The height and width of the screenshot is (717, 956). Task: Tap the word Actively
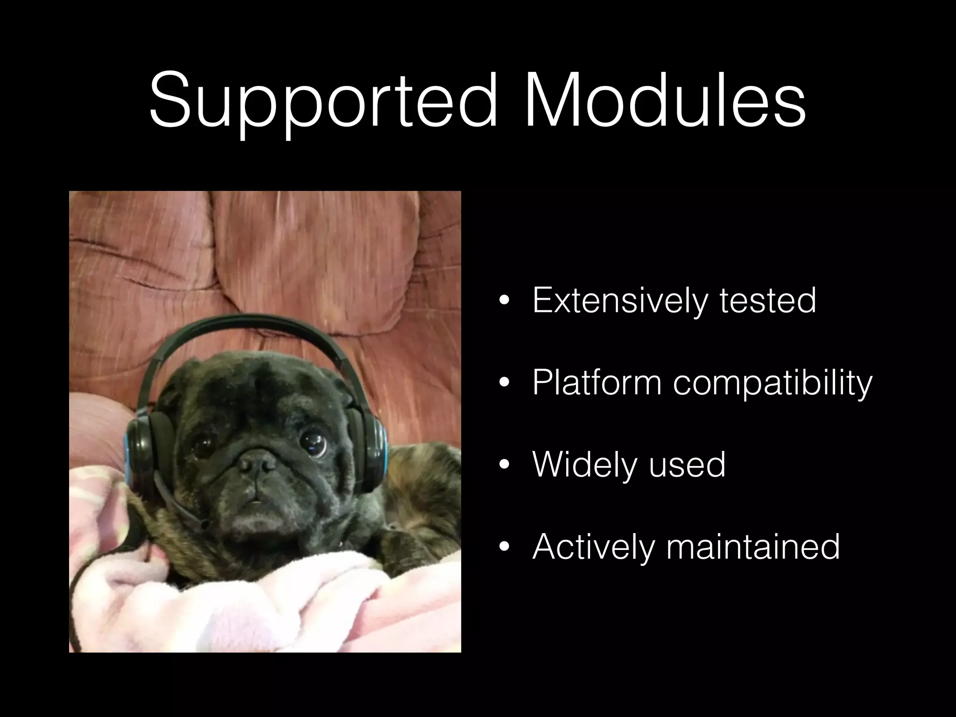(x=593, y=547)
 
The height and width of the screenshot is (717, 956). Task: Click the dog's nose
(x=255, y=464)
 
